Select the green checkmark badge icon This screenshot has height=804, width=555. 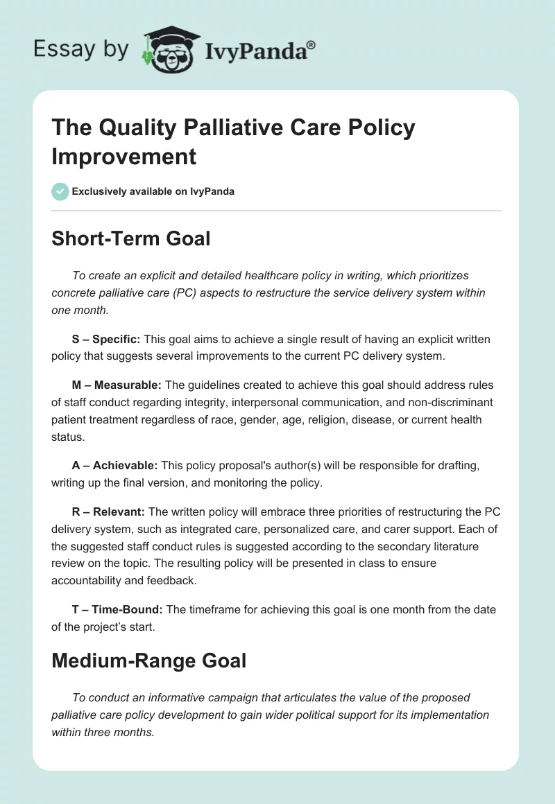tap(60, 191)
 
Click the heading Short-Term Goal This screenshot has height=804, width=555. tap(131, 238)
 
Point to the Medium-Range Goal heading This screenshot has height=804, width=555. tap(149, 661)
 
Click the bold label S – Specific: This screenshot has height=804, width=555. tap(105, 340)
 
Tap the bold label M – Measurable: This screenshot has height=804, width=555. tap(116, 385)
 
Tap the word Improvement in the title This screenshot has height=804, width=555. tap(124, 156)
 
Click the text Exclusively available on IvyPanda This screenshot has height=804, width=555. tap(153, 191)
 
